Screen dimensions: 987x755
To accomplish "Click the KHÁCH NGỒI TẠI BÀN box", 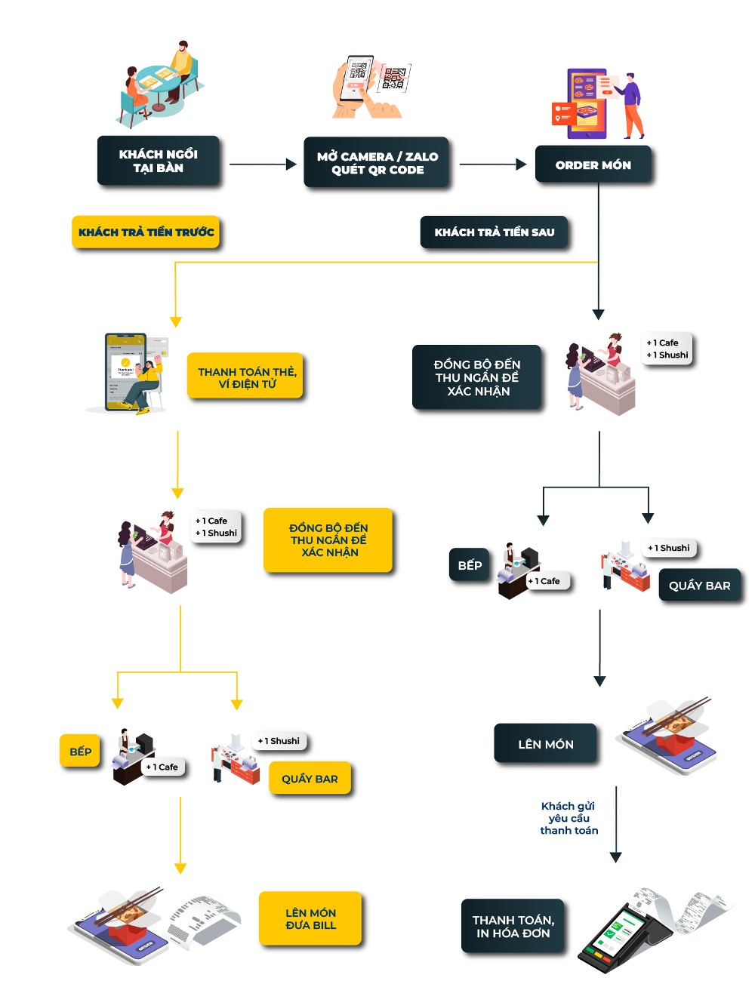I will pos(159,161).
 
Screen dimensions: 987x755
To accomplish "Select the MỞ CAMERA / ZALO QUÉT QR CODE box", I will pos(377,163).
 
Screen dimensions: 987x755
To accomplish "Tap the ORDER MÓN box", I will pos(593,164).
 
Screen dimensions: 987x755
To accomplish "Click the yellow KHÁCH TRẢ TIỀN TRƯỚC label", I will pos(146,232).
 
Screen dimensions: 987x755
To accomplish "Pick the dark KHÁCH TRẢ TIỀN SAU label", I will pos(494,232).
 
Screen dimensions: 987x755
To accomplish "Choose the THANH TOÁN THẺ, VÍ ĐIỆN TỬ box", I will pos(246,377).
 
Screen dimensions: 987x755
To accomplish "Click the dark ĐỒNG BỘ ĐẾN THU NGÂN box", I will pos(477,377).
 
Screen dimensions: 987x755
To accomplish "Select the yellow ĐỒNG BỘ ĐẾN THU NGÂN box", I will pos(328,540).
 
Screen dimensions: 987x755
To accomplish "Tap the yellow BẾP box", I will pos(80,752).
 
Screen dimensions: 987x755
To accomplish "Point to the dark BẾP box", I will pos(469,565).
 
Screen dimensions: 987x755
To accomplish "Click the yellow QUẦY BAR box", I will pos(310,779).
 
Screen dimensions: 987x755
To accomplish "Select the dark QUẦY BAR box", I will pos(699,586).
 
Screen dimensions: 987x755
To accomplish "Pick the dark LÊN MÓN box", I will pos(545,744).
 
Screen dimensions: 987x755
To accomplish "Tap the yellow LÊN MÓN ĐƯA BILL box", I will pos(310,918).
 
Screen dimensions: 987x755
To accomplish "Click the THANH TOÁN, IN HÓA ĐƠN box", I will pos(513,926).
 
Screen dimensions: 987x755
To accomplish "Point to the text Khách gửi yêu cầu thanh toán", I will pos(569,818).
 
